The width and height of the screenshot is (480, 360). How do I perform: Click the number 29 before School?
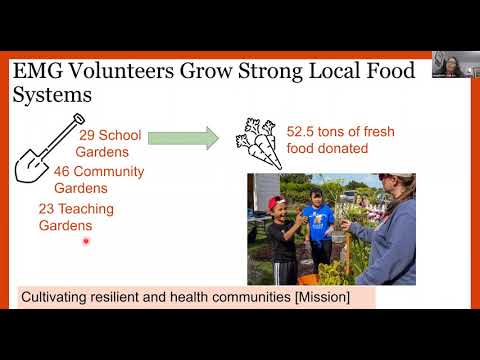coord(87,134)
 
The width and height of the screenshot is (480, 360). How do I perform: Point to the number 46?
coord(61,171)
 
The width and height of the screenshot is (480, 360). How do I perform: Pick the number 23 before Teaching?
coord(46,209)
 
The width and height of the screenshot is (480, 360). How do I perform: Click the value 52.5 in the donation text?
coord(302,131)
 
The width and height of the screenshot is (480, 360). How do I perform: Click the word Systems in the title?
coord(51,95)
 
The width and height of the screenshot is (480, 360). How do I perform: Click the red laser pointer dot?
coord(86,241)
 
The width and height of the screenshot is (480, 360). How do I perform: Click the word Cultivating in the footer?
coord(58,297)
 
